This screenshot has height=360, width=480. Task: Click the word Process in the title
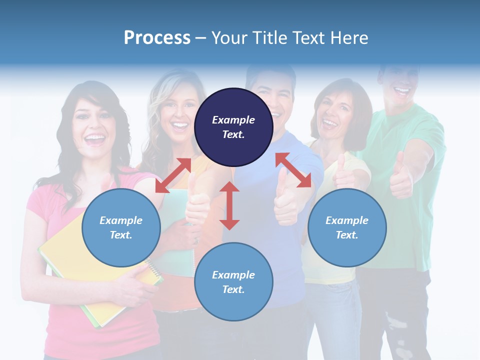pos(157,38)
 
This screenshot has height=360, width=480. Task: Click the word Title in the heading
pos(272,38)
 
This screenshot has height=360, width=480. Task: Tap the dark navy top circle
pos(233,127)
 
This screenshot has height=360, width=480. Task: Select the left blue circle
pos(121,227)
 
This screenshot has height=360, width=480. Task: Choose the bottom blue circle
pos(233,282)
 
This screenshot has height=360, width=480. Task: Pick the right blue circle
pos(347,227)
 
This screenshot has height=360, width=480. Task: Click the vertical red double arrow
pos(229,205)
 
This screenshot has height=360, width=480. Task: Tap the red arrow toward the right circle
pos(293,170)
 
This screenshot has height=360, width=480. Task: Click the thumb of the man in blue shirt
pos(283,195)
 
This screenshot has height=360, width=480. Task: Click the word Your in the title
pos(230,38)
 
